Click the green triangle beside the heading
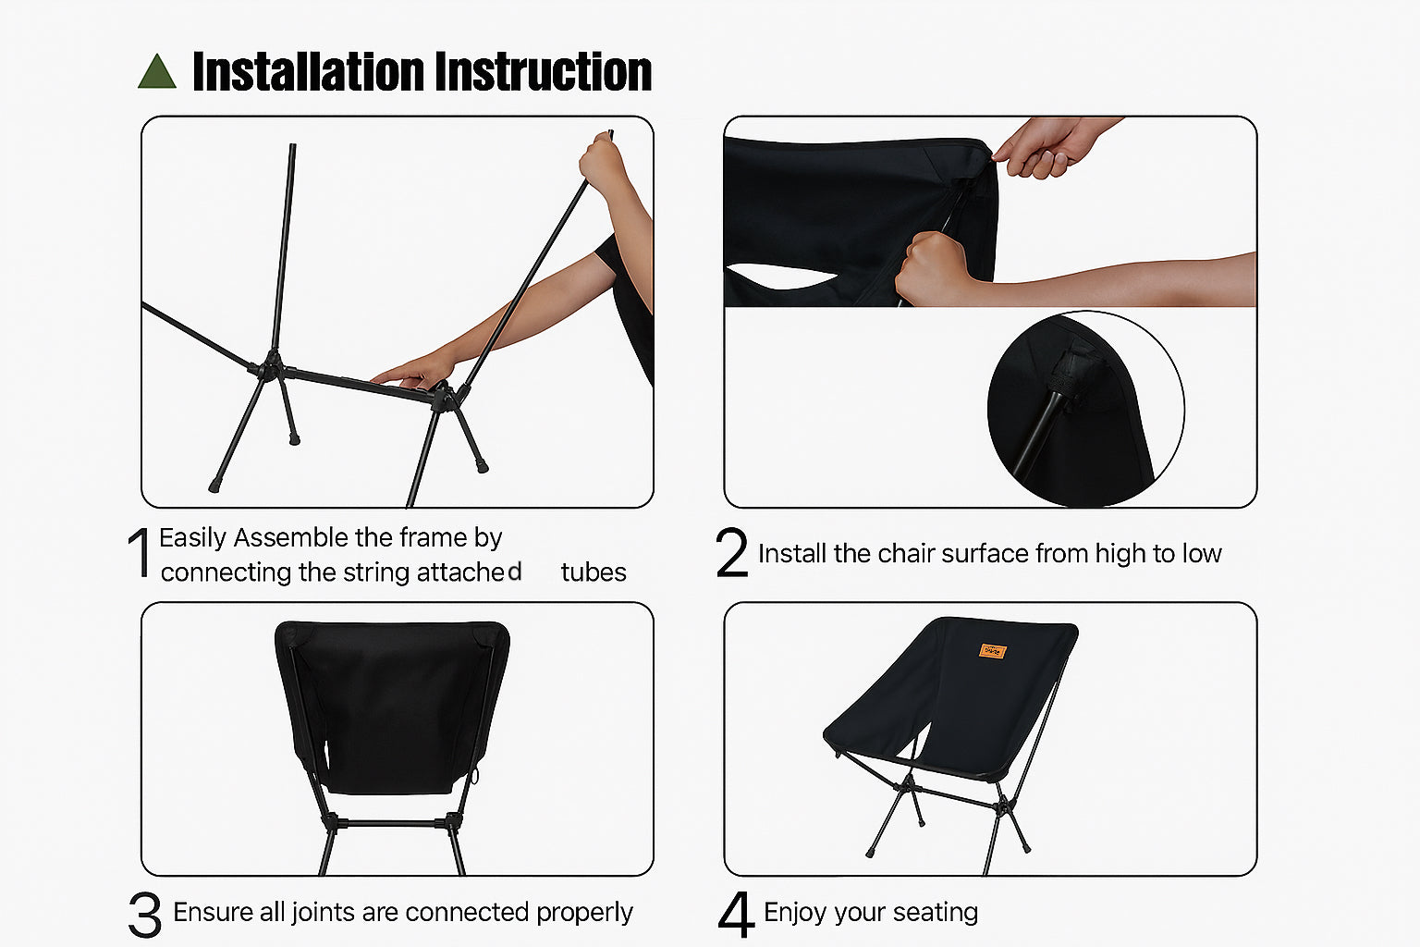156,72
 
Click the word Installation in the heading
309,72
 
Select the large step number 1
140,552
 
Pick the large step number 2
731,552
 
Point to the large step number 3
144,914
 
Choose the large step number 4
736,914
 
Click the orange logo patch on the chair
993,651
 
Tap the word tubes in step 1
594,572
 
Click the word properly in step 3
584,913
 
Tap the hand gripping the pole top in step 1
602,162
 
